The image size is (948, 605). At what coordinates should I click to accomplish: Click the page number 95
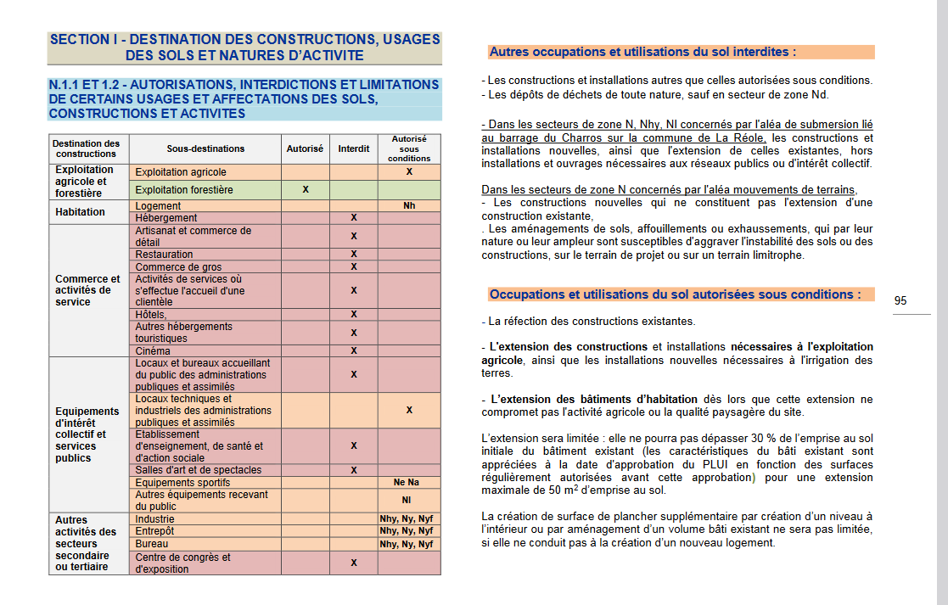900,300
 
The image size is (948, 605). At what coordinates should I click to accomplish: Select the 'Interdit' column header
354,148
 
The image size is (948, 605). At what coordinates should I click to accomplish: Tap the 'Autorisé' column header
305,148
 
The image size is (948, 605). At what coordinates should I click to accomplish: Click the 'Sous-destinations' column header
205,148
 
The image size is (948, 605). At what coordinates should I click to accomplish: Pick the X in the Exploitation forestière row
305,189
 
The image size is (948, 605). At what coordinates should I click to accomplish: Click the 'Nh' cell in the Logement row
409,205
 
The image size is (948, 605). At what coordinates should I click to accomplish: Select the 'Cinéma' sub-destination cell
153,350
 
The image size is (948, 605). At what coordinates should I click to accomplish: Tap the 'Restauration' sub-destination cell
164,254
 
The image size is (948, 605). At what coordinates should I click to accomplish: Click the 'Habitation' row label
81,212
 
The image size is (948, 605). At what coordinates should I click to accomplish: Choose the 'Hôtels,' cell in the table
151,314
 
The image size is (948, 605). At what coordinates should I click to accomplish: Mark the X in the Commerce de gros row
354,266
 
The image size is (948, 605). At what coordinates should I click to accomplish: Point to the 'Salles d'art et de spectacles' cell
199,469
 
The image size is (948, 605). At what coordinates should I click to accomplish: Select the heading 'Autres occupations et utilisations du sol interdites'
642,52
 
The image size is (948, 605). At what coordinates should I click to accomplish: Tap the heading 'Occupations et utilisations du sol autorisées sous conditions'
675,294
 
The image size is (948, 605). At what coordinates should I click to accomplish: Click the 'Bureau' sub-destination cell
152,543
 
